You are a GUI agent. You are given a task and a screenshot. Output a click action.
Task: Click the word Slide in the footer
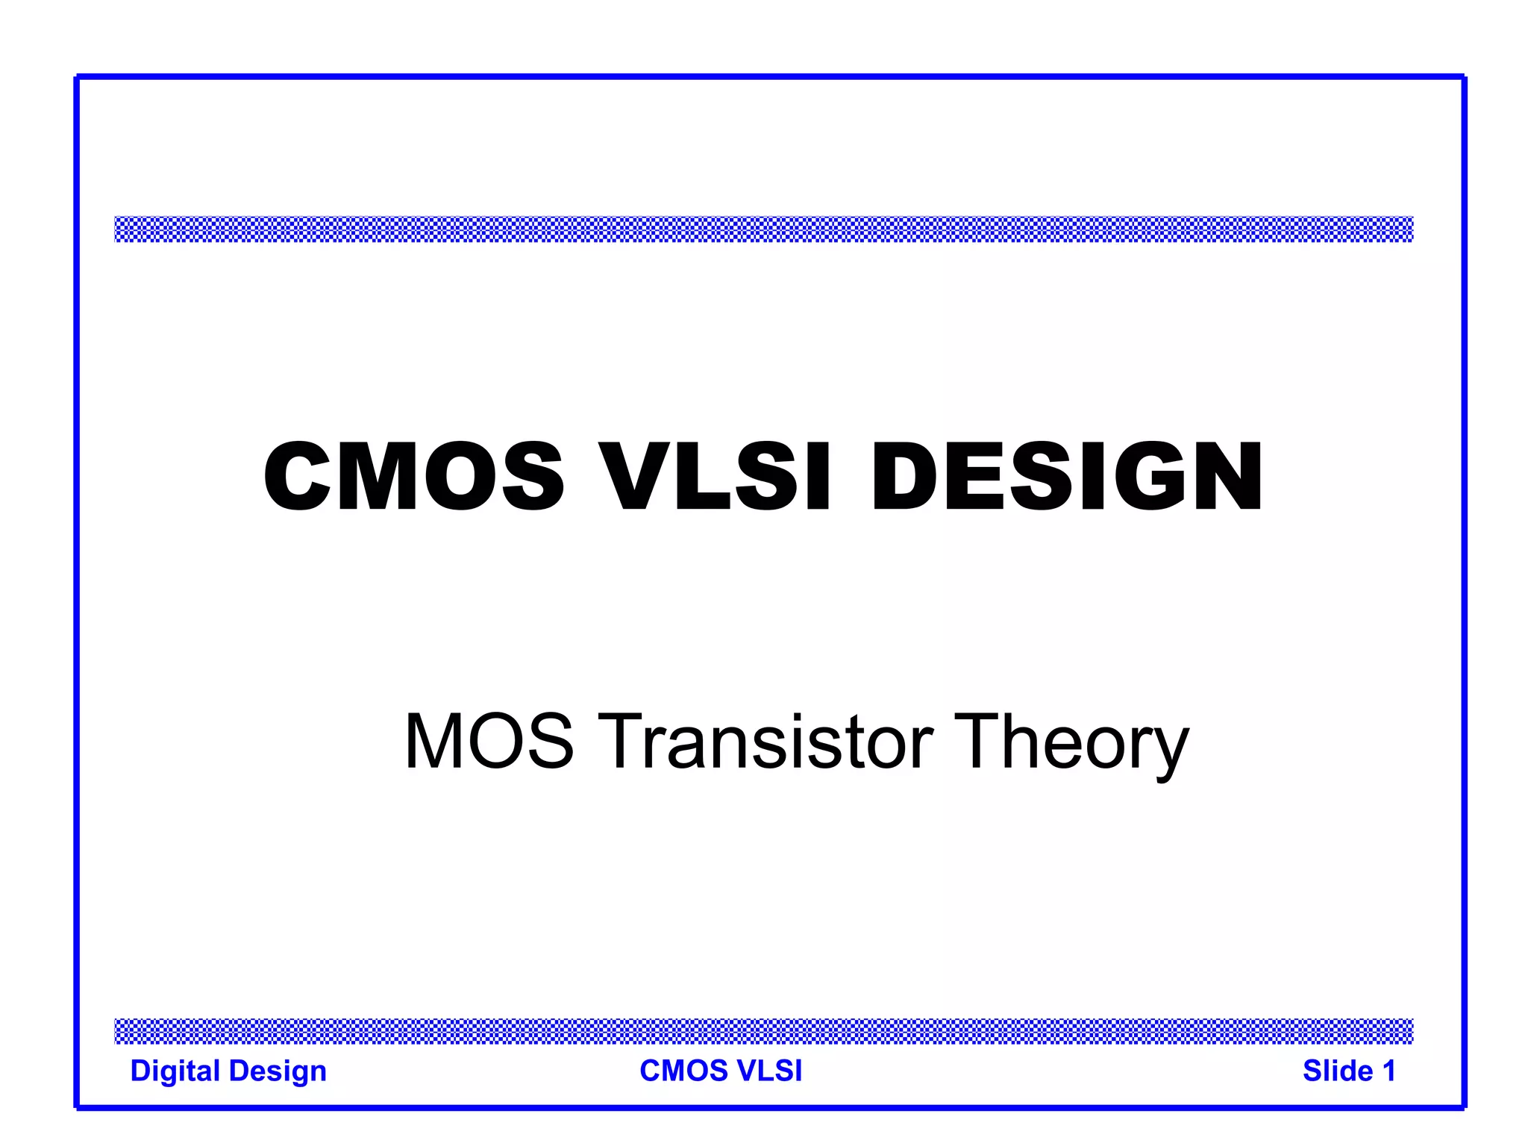click(1338, 1071)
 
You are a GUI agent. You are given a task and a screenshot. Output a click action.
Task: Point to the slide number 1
click(1388, 1071)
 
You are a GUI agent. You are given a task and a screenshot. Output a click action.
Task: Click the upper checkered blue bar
click(764, 229)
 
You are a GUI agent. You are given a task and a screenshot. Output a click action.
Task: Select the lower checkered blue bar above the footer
click(764, 1030)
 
